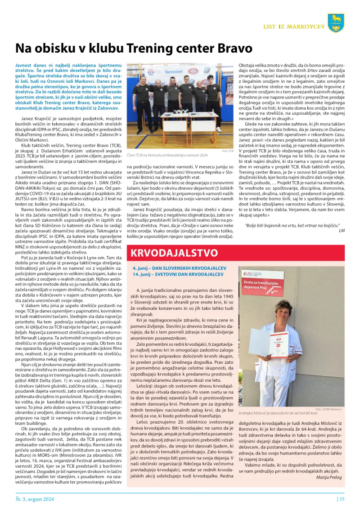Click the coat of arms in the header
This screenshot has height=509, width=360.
tap(336, 22)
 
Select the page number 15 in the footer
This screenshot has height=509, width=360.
tap(342, 498)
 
